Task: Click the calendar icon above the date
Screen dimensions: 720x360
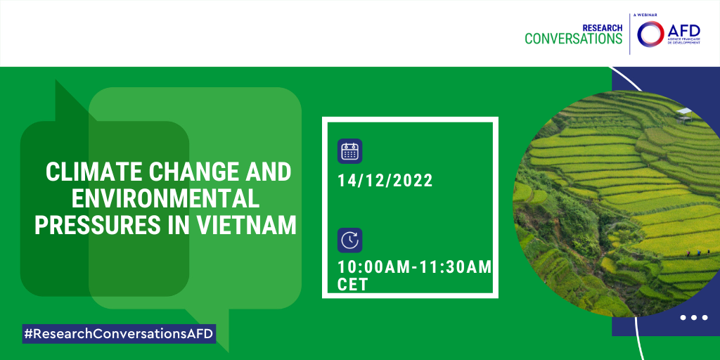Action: click(x=350, y=151)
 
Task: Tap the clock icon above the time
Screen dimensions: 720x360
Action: click(x=350, y=240)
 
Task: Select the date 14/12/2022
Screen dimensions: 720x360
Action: click(x=385, y=181)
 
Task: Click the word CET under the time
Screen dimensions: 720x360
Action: click(x=353, y=285)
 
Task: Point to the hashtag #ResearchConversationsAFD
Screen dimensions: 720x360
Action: click(x=119, y=334)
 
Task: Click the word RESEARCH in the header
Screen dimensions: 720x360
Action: click(x=603, y=28)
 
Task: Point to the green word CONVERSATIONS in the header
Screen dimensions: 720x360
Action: click(x=574, y=39)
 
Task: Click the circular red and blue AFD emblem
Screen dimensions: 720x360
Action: click(x=650, y=34)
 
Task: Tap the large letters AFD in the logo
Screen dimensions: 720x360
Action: click(x=683, y=31)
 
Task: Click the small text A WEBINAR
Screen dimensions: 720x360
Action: click(x=645, y=15)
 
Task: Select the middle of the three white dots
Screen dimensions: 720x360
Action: click(x=693, y=317)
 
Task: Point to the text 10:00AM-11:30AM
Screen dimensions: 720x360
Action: click(x=415, y=266)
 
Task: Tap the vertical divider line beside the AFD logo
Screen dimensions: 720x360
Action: click(x=629, y=34)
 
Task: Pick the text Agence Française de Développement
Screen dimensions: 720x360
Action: click(x=683, y=43)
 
